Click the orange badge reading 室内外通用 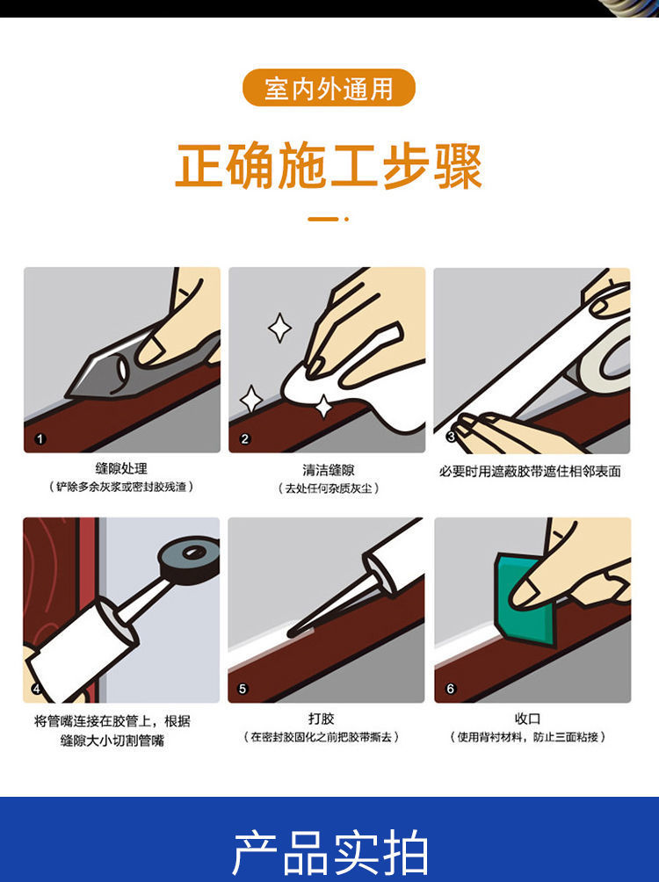[x=329, y=88]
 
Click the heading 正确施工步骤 [x=329, y=167]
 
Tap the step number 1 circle [x=40, y=438]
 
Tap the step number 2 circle [x=245, y=438]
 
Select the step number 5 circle [x=243, y=689]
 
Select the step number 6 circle [x=450, y=689]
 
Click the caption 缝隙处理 [x=121, y=468]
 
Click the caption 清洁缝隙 [x=328, y=470]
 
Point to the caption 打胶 [x=322, y=719]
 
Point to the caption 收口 [x=528, y=719]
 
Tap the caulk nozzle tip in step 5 [x=291, y=634]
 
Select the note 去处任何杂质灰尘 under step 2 [x=328, y=488]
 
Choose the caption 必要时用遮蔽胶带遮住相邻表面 [x=530, y=472]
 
